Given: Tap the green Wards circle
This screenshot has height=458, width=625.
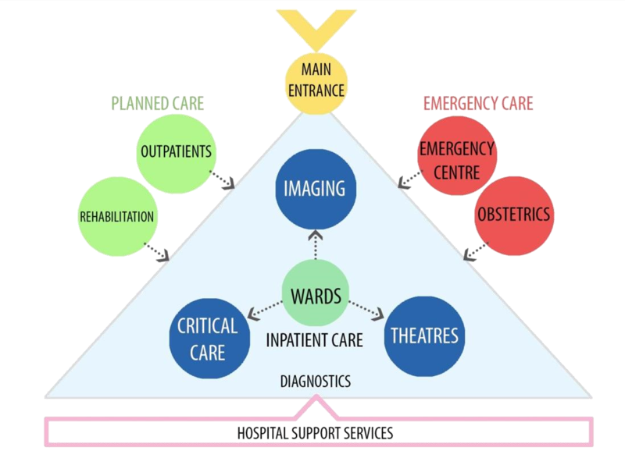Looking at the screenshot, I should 315,295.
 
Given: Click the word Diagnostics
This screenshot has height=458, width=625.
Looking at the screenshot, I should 315,382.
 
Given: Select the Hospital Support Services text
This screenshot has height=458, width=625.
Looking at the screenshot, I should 315,431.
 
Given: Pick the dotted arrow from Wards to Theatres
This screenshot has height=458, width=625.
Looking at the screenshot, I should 365,310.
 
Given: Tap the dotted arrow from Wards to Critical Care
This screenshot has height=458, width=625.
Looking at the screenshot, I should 265,310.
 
